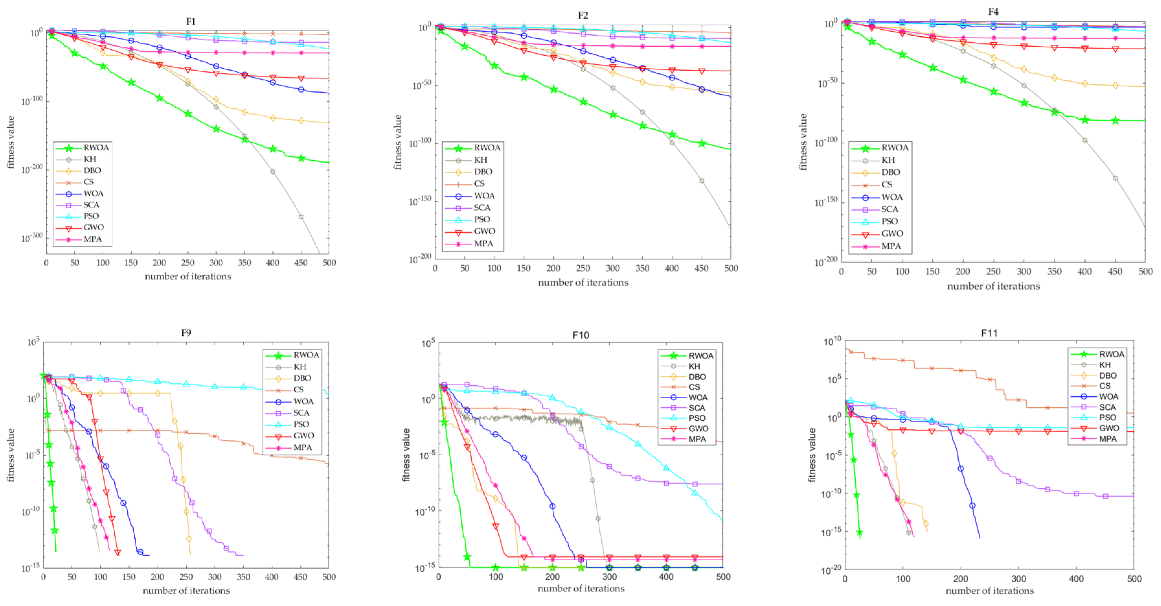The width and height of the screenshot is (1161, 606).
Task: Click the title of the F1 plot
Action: point(191,21)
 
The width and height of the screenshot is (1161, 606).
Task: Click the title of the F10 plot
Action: point(580,335)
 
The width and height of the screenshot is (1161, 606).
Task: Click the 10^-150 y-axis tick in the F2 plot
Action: point(420,200)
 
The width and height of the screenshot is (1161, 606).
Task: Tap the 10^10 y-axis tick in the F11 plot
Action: point(832,342)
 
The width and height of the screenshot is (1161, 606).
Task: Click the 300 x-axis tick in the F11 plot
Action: point(1019,579)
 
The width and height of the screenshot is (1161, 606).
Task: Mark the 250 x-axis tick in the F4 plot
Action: point(993,271)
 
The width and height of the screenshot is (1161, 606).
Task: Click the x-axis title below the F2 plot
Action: point(583,283)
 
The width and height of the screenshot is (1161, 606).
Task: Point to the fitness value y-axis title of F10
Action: point(406,455)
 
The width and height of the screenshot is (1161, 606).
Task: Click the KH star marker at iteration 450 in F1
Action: point(301,217)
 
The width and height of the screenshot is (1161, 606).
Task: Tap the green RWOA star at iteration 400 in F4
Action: point(1085,120)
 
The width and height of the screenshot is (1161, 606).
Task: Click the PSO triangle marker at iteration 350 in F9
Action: point(243,387)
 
